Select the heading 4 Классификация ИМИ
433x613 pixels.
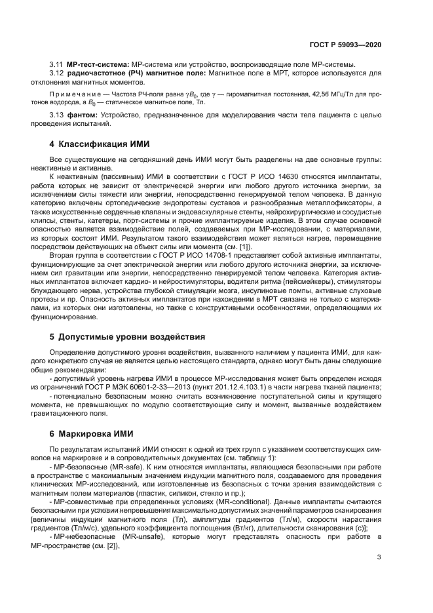(96, 144)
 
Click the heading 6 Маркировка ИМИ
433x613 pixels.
(86, 433)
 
